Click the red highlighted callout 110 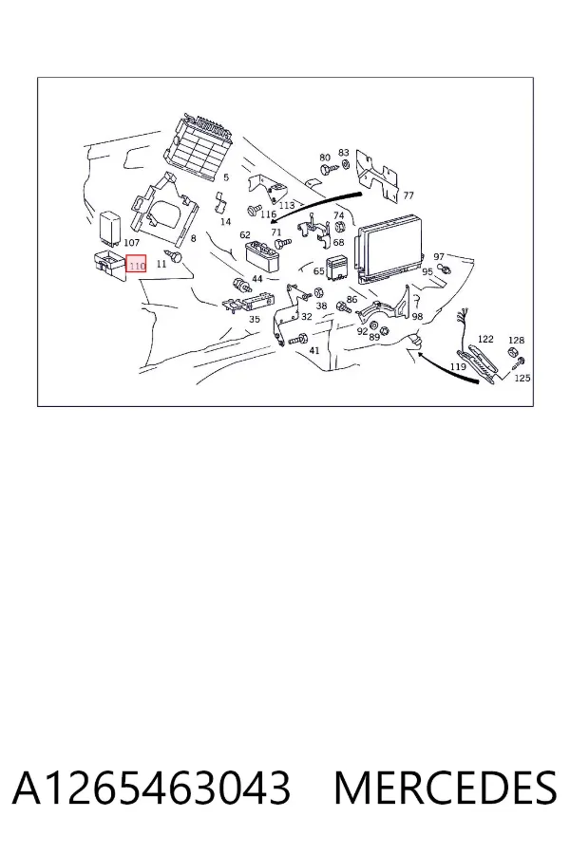click(x=136, y=266)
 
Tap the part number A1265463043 click(x=151, y=788)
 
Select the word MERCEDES click(x=445, y=788)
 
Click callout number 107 click(x=132, y=242)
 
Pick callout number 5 click(x=226, y=177)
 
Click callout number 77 click(x=408, y=195)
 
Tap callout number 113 click(x=286, y=205)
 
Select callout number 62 click(x=245, y=234)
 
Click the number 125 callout click(x=522, y=378)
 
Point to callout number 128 click(x=516, y=340)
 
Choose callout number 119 click(x=458, y=366)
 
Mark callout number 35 click(x=255, y=319)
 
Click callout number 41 click(x=314, y=350)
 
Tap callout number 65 click(x=318, y=271)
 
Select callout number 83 click(x=344, y=153)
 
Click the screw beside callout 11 click(x=175, y=255)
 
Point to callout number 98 click(x=417, y=316)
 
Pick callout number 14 click(x=225, y=222)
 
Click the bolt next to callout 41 click(x=297, y=340)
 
